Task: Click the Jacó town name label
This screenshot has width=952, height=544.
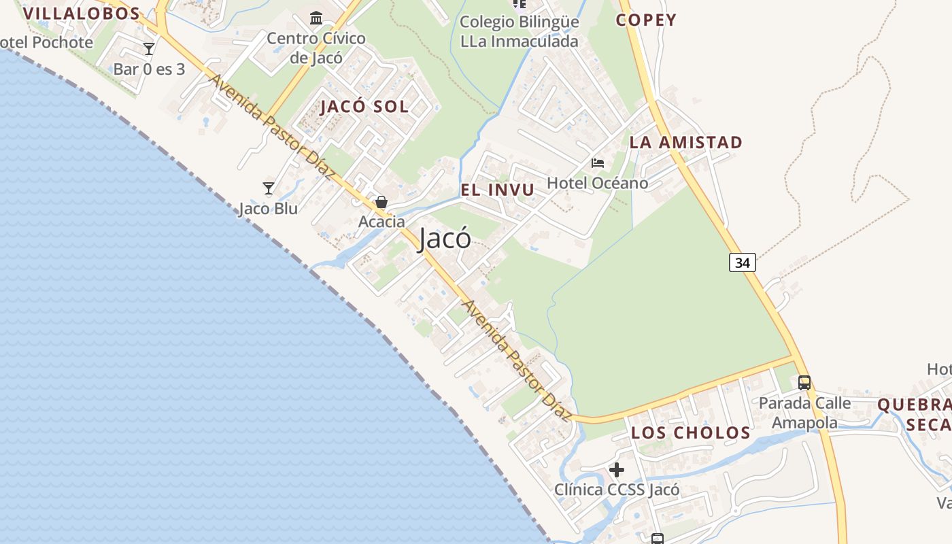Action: pos(445,239)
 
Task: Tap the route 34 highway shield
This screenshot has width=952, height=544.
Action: pos(743,262)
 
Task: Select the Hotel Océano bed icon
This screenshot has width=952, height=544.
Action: pos(598,163)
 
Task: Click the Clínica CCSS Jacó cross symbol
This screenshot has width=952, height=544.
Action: pos(617,469)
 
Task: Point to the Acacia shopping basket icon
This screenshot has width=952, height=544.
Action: pos(381,202)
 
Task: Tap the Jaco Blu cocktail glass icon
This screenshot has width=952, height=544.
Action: pos(269,188)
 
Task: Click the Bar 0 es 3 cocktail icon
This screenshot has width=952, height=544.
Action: pos(149,48)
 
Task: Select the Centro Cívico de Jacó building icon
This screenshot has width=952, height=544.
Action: pos(316,18)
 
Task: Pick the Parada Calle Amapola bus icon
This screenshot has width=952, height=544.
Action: pos(804,382)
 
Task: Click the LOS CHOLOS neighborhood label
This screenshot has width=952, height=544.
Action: pos(690,432)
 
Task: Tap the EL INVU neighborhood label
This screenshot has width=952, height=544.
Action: pos(498,190)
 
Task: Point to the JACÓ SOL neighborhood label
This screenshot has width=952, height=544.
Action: pos(364,106)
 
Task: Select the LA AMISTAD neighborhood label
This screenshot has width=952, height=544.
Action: pos(685,142)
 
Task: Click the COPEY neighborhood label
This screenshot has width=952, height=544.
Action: pos(646,20)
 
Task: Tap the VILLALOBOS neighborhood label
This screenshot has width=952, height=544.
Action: pos(81,13)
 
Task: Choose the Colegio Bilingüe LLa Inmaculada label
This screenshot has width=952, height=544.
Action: pos(520,31)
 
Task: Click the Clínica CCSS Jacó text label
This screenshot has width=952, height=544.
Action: pos(617,490)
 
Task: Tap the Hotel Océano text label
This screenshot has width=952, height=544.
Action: pos(598,183)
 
